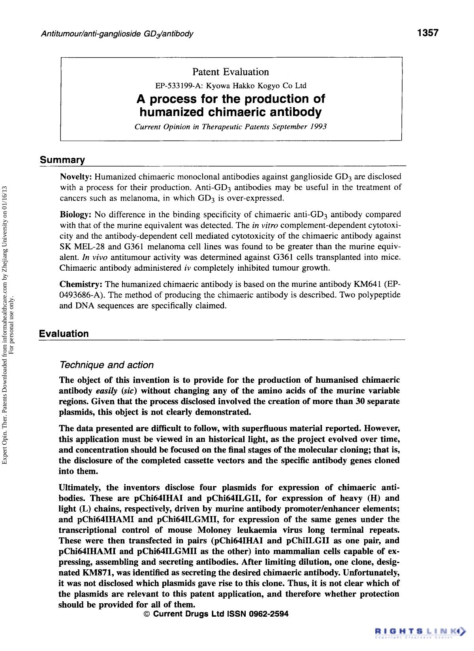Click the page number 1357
(428, 33)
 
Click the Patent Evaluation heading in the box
(231, 72)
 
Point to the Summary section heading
(62, 160)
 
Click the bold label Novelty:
(76, 176)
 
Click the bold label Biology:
(75, 215)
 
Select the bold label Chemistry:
(81, 284)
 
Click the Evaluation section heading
(64, 334)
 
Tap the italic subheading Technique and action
(106, 365)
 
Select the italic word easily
(106, 391)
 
